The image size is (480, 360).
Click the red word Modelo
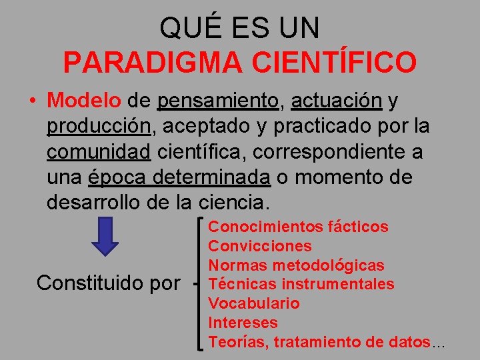84,101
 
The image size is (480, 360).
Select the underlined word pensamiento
218,101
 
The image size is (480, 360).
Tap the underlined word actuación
337,101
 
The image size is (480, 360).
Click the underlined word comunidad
99,152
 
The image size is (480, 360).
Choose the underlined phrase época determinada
179,177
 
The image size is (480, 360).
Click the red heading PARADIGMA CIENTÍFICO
240,63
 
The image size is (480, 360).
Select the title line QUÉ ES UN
240,28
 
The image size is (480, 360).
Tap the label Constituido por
108,283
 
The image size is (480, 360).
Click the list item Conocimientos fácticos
298,227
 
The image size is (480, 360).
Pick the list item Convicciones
260,246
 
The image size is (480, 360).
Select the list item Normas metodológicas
296,265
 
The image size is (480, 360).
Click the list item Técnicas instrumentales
301,285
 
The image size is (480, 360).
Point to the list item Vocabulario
254,303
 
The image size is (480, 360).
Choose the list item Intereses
242,323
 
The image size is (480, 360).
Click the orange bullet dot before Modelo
32,102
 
